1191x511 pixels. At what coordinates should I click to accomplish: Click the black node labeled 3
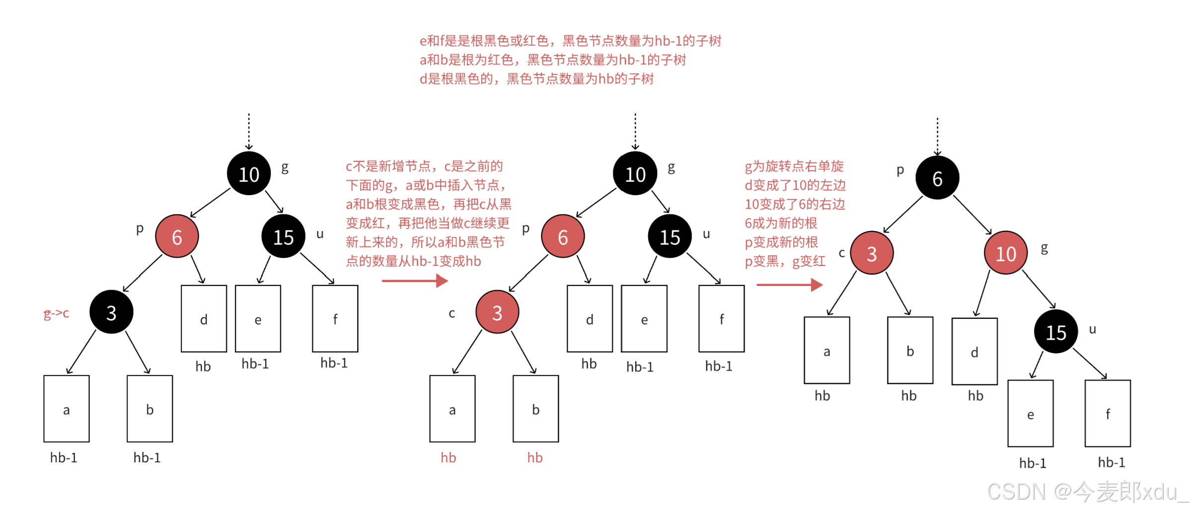(111, 312)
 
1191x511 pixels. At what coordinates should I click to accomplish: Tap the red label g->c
(56, 313)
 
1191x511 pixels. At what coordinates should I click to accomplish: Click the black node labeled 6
(937, 178)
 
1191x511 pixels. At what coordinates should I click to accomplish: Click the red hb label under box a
(448, 457)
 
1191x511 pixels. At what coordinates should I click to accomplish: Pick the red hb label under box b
(535, 457)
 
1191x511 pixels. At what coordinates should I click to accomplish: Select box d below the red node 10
(974, 352)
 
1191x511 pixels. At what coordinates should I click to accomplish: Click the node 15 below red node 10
(1056, 332)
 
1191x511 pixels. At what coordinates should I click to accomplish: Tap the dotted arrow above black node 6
(937, 137)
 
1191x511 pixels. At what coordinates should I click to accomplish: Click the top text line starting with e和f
(570, 41)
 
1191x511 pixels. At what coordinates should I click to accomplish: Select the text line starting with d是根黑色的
(536, 79)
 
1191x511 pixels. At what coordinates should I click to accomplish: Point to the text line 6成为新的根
(781, 223)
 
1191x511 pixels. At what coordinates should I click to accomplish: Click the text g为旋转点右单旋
(794, 166)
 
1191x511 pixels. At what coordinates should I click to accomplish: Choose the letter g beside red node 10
(1044, 248)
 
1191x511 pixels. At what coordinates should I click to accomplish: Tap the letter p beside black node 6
(900, 170)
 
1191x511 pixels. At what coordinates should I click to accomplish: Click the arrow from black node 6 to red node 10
(972, 215)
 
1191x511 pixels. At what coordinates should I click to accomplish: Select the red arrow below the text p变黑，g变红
(789, 285)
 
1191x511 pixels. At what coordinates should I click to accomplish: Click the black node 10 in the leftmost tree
(249, 173)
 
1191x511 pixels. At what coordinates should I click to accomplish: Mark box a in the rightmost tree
(827, 351)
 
